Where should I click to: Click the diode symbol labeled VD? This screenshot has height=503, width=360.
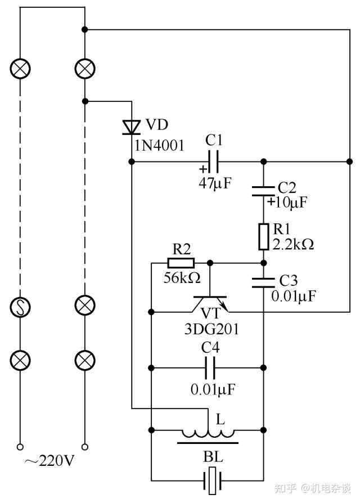pos(132,127)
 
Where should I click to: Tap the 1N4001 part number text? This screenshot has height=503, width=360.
pos(159,146)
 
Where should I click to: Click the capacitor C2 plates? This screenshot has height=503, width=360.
pos(263,191)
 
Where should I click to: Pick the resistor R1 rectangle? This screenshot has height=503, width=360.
pos(263,237)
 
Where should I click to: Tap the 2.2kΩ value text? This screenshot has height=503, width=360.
pos(293,244)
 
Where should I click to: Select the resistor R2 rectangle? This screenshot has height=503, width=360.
pos(181,263)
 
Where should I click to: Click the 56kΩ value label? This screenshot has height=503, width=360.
pos(182,278)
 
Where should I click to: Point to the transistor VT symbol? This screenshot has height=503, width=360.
pos(210,304)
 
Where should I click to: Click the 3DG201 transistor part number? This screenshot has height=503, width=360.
pos(211,329)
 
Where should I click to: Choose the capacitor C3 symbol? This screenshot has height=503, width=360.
pos(263,282)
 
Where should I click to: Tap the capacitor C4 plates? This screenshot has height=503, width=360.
pos(210,367)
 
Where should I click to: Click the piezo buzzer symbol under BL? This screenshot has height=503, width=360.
pos(212,480)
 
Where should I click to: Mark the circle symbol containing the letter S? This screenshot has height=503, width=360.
pos(20,307)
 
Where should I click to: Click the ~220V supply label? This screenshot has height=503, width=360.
pos(49,461)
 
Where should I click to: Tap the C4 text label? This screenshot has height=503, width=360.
pos(210,348)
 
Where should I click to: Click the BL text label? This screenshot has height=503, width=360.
pos(213,457)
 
